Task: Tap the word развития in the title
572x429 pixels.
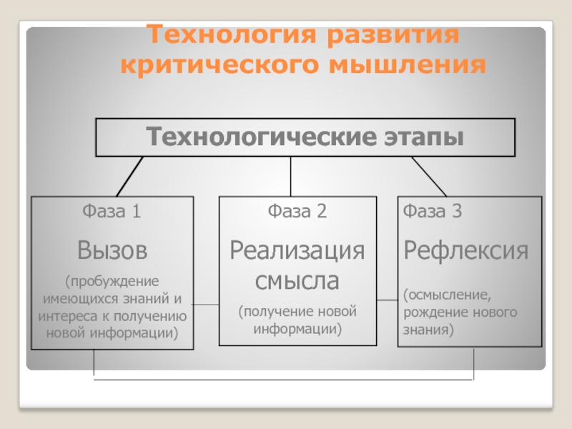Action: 390,35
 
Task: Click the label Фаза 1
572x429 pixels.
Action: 112,212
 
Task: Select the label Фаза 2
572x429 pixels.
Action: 297,212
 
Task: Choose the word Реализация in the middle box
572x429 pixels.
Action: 297,251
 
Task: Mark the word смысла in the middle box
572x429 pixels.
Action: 297,280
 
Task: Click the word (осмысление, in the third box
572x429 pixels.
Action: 446,295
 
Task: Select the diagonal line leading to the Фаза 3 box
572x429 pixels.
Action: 429,176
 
